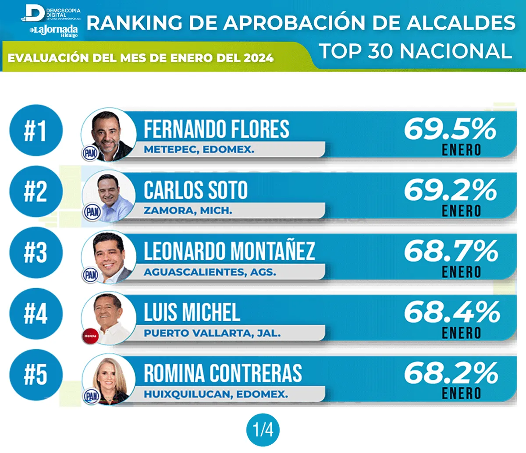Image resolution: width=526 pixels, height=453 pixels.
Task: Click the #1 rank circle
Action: (x=36, y=131)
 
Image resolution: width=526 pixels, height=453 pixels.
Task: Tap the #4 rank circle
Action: (x=36, y=314)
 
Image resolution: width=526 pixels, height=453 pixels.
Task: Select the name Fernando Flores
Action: (x=217, y=129)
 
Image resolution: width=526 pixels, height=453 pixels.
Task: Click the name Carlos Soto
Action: (x=195, y=190)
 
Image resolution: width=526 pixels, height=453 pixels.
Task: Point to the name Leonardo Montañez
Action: (x=229, y=251)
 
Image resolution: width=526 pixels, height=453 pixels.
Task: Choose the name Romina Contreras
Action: (x=223, y=373)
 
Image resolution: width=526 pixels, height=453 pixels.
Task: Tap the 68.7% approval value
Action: (x=451, y=251)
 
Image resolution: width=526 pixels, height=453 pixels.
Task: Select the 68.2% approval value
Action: (x=451, y=373)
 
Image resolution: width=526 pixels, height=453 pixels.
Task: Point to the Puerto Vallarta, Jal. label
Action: (x=212, y=333)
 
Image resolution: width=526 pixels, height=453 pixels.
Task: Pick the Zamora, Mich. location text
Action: (x=188, y=211)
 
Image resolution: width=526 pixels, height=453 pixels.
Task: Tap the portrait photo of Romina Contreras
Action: (x=110, y=379)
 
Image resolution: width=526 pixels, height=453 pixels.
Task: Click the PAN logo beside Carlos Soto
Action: (x=92, y=212)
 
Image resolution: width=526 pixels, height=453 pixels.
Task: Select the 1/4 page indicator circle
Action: (x=263, y=430)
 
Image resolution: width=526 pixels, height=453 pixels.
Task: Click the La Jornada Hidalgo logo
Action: (x=54, y=31)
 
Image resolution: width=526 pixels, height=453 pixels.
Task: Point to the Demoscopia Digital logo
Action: (x=52, y=13)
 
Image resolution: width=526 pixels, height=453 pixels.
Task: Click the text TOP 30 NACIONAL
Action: (x=415, y=51)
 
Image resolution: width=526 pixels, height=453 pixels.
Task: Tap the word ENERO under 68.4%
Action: (x=461, y=333)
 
